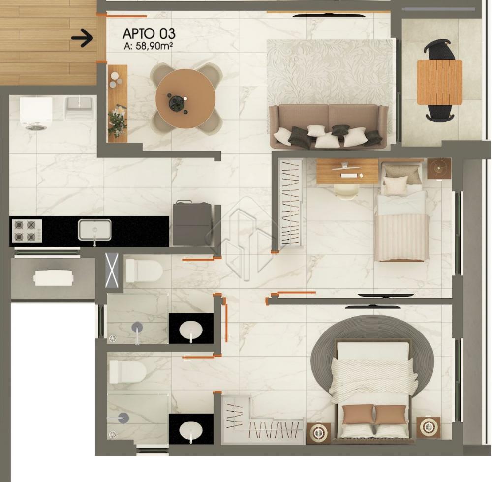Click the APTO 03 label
pos(149,33)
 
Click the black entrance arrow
pos(83,38)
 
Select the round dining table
pos(185,98)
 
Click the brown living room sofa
pos(329,126)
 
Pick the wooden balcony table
pos(439,82)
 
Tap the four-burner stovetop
pos(27,231)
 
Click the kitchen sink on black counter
pos(94,230)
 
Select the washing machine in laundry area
pos(36,113)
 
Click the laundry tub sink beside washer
pos(79,108)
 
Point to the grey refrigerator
pos(192,223)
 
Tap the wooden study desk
pos(347,171)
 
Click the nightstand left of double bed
pos(318,433)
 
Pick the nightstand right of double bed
pos(429,427)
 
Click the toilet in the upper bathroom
pos(144,271)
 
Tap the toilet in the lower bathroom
pos(128,372)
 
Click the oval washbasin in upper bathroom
pos(191,330)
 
